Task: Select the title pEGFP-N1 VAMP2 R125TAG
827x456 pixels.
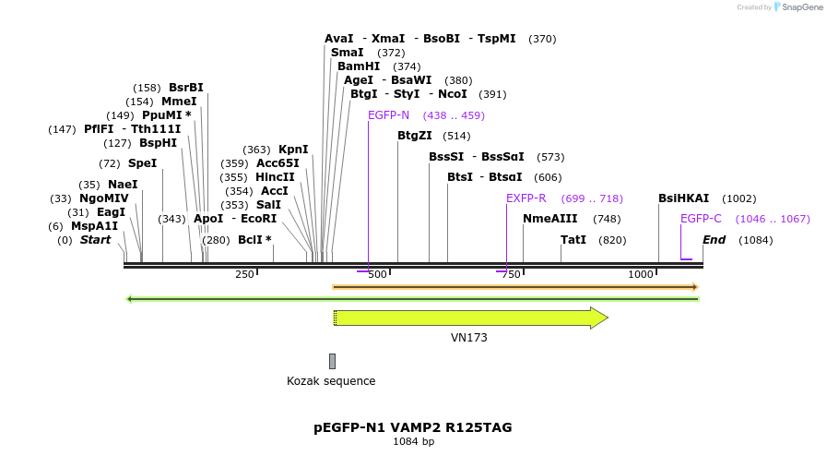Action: click(x=412, y=427)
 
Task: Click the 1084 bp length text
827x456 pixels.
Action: click(x=413, y=442)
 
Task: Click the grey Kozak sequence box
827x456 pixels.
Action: click(x=332, y=361)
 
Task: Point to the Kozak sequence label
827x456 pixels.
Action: click(x=331, y=381)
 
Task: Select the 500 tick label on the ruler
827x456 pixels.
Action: click(x=377, y=275)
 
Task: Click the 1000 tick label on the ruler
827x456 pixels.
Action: click(x=640, y=275)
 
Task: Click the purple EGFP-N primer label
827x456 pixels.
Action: click(x=388, y=115)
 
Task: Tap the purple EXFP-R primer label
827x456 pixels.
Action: click(x=526, y=198)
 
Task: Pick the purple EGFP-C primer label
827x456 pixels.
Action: click(x=701, y=219)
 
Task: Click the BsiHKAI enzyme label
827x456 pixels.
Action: click(x=683, y=198)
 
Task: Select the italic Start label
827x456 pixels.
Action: click(x=95, y=240)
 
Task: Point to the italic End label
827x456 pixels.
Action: click(x=714, y=240)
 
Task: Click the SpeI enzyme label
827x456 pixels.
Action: click(x=142, y=163)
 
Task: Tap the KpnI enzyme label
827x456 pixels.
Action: click(x=293, y=150)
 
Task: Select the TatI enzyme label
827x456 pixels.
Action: click(x=573, y=240)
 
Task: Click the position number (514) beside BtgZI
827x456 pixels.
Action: click(x=456, y=136)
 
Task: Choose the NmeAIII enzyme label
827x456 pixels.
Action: click(x=549, y=219)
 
